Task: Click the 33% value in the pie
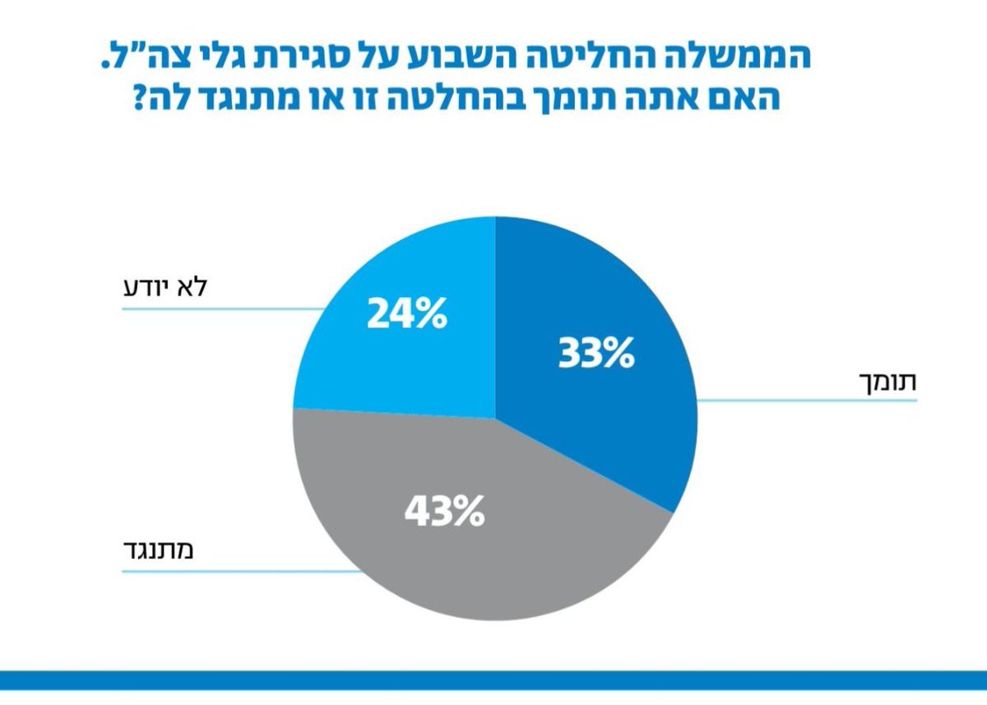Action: pyautogui.click(x=596, y=353)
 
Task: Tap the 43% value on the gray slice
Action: pyautogui.click(x=444, y=512)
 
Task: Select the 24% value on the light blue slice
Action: pyautogui.click(x=406, y=313)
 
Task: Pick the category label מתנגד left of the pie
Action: pyautogui.click(x=161, y=550)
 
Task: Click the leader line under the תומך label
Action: pyautogui.click(x=806, y=401)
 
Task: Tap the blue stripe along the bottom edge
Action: pyautogui.click(x=493, y=680)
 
